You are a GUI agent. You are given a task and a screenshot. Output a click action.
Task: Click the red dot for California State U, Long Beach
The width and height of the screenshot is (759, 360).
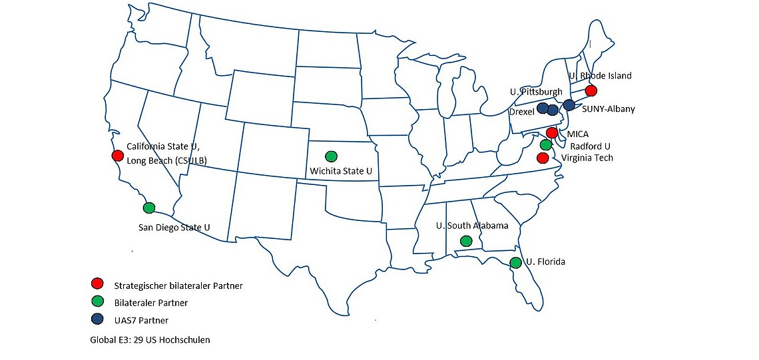click(118, 156)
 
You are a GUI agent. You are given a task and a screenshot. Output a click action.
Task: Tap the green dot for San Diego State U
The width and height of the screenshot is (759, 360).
click(149, 208)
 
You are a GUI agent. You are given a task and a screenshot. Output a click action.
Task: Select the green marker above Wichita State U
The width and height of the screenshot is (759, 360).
click(331, 157)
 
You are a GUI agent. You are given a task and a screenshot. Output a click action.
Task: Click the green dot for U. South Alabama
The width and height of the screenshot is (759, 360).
click(466, 241)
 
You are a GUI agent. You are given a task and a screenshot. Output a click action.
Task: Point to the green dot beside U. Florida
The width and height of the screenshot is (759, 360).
click(515, 263)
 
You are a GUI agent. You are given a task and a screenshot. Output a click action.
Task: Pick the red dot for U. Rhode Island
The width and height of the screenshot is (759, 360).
click(590, 91)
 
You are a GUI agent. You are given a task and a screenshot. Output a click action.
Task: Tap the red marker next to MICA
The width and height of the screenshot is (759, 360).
click(551, 133)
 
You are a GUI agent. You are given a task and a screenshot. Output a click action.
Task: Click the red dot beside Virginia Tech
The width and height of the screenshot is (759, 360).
click(543, 158)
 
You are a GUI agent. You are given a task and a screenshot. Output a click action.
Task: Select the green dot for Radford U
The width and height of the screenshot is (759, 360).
click(546, 145)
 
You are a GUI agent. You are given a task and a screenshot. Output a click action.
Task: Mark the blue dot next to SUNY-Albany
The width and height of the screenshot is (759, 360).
click(569, 105)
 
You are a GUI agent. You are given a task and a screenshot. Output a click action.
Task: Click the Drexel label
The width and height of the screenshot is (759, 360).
click(521, 112)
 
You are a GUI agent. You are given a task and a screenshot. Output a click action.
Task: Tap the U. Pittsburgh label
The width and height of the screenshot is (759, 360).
click(537, 92)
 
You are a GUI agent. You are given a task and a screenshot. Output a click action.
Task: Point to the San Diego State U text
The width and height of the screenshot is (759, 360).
click(174, 228)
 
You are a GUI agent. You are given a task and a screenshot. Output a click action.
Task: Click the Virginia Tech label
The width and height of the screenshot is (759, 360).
click(587, 158)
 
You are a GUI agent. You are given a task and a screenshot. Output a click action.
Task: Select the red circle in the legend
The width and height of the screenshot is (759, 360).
click(98, 285)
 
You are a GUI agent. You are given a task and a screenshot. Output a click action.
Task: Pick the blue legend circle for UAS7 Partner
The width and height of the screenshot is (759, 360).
click(98, 319)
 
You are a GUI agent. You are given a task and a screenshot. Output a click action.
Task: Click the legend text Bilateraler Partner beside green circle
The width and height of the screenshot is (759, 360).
click(150, 303)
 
